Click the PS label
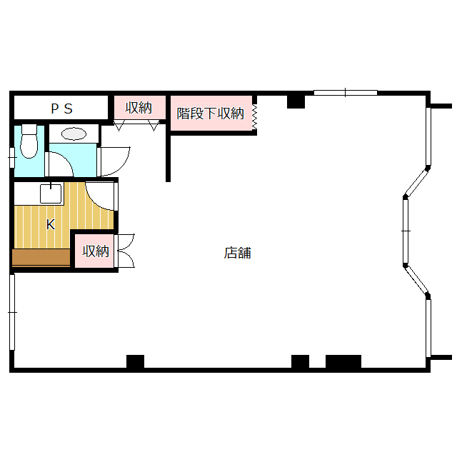point(62,109)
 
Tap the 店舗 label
point(238,253)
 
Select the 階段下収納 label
point(210,114)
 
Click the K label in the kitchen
point(51,224)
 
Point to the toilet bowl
point(29,141)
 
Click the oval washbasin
point(74,134)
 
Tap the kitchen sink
point(51,194)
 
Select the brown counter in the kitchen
point(41,257)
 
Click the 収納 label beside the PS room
point(139,108)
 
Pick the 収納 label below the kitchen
point(96,251)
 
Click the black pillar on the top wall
point(296,101)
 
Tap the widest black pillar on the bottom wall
point(343,361)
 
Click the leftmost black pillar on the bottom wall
point(135,361)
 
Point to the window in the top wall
point(346,93)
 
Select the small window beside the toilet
point(12,158)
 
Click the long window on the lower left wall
point(12,312)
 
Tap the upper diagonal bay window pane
point(416,183)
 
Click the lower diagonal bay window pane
point(416,280)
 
